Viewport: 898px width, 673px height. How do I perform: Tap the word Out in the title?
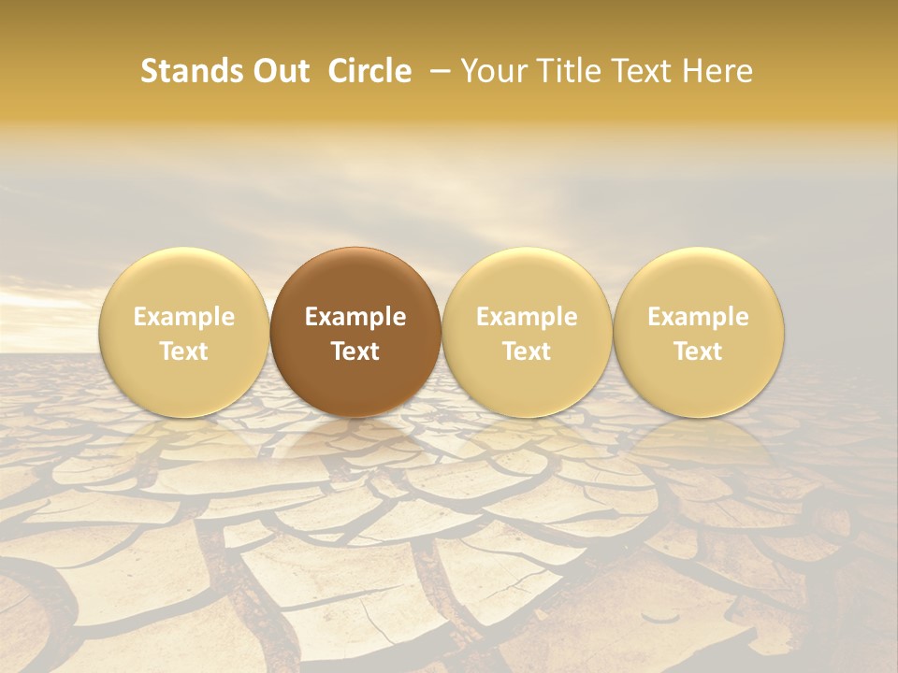point(280,71)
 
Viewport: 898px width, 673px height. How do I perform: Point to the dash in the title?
point(436,71)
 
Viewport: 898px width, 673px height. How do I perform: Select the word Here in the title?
point(717,71)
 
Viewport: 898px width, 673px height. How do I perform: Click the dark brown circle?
point(355,332)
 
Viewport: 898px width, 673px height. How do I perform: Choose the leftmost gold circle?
point(184,332)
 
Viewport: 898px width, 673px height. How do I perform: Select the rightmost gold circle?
point(699,332)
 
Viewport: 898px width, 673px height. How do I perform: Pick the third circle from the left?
point(527,332)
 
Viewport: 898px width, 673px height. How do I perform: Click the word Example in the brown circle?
point(355,317)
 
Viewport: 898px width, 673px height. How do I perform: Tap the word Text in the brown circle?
point(355,351)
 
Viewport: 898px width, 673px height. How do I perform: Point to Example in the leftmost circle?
point(184,317)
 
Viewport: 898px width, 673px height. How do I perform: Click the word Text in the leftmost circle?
point(184,351)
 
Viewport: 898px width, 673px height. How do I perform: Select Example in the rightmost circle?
point(699,317)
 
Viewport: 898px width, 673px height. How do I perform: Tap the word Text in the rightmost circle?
point(699,351)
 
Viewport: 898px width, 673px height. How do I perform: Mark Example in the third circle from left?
point(527,317)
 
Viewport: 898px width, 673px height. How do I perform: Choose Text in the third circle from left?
point(527,351)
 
